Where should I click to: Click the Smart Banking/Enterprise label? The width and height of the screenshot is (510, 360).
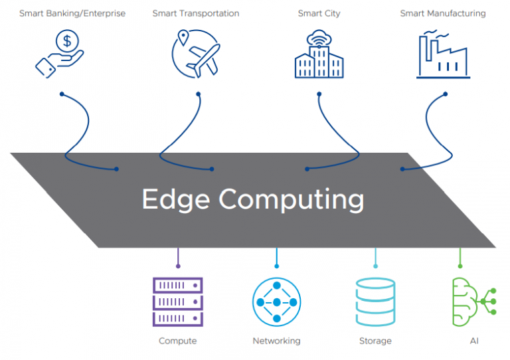pos(72,13)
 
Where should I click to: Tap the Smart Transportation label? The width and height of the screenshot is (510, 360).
pos(196,13)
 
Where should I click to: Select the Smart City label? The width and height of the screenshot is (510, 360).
pos(319,13)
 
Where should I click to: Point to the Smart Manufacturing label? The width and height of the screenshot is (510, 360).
pos(443,13)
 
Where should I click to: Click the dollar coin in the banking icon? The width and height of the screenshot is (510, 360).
pos(66,42)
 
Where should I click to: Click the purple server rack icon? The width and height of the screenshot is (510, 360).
pos(177,302)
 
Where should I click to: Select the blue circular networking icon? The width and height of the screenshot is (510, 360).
pos(276,302)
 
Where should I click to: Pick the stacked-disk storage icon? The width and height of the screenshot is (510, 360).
pos(375,302)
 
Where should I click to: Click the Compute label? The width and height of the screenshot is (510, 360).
pos(177,341)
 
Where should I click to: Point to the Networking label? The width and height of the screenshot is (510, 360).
pos(276,341)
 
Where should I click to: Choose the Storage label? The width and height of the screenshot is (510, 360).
pos(375,341)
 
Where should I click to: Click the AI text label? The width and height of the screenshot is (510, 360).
pos(473,341)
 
